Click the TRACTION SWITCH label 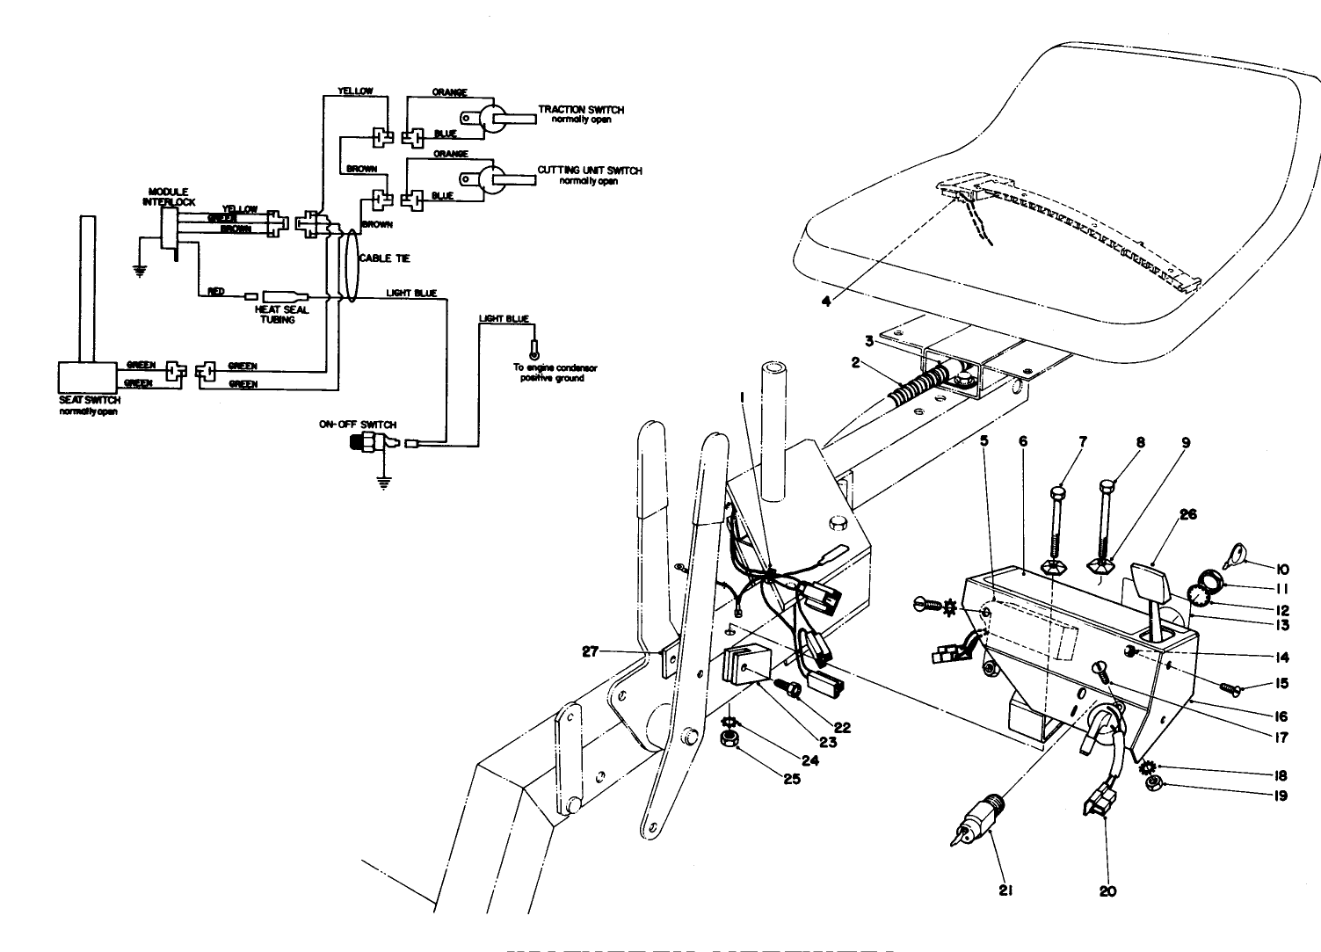point(580,110)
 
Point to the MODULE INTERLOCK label point(169,196)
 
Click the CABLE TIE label point(384,258)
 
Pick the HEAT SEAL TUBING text point(281,315)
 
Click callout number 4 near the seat point(825,301)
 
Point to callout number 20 point(1107,890)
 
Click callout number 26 point(1187,514)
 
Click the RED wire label point(216,292)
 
